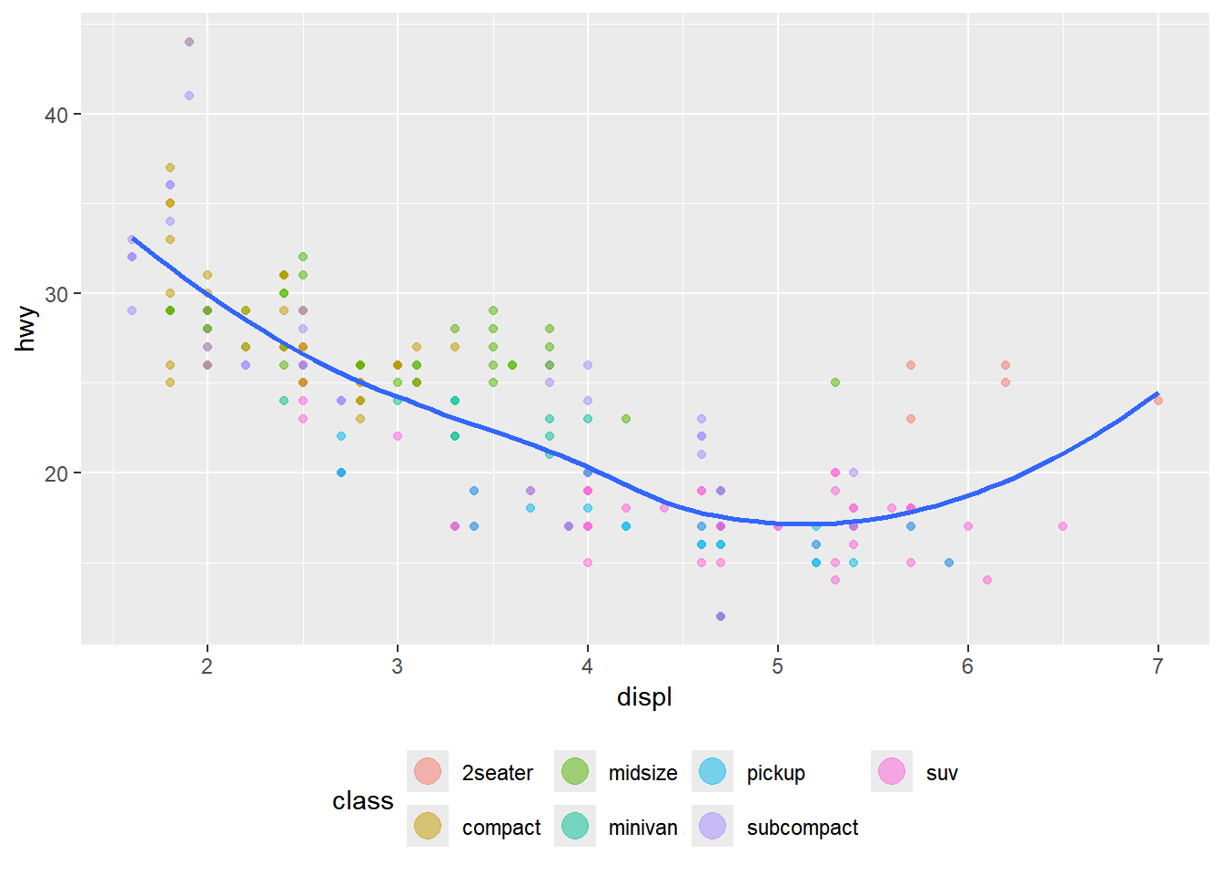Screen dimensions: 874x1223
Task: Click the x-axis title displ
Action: pos(644,697)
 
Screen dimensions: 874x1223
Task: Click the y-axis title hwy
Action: pos(26,329)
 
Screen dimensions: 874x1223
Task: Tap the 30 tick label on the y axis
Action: pos(56,294)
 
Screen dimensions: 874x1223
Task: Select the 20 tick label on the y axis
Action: pos(56,473)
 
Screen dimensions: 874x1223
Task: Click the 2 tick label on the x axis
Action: pos(207,666)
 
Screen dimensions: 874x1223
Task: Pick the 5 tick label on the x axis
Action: pos(777,666)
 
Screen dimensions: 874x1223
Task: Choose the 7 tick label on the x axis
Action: pos(1157,666)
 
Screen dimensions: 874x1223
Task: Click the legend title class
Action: pos(362,801)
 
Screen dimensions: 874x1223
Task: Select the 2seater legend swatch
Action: pos(428,771)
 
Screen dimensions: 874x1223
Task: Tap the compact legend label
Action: pos(500,828)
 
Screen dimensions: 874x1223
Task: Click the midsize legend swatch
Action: pos(575,771)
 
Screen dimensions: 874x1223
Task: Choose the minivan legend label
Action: pos(642,828)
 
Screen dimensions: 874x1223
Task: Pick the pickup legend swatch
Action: pos(713,771)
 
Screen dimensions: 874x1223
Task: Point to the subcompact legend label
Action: pos(802,828)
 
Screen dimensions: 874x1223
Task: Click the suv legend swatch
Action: pos(892,771)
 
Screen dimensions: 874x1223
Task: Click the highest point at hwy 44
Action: pos(189,42)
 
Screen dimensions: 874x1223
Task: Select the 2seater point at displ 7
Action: pos(1157,401)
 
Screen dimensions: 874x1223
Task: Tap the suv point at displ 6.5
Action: pos(1063,526)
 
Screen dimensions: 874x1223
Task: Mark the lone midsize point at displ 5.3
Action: pos(835,382)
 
